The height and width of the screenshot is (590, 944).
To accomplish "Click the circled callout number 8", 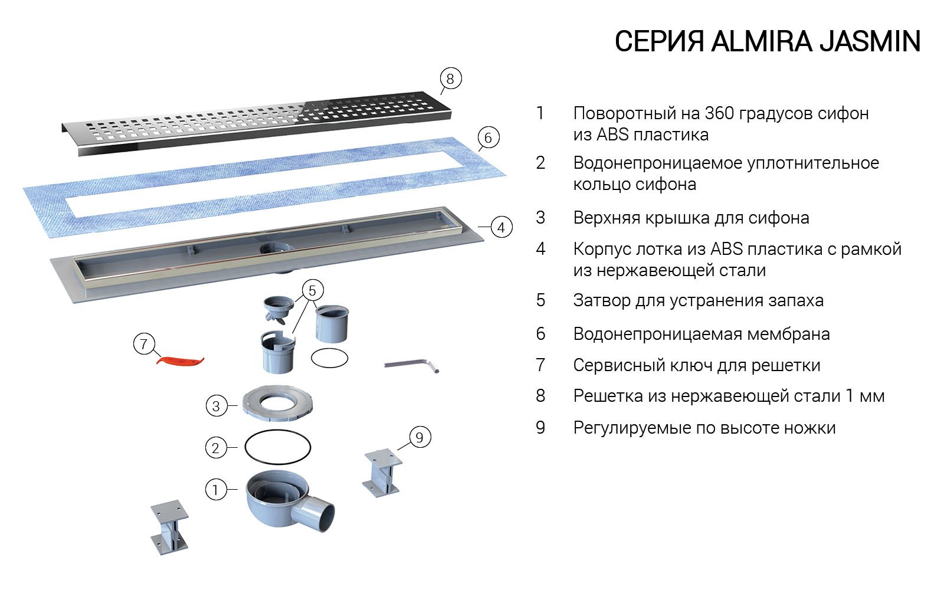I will tap(450, 78).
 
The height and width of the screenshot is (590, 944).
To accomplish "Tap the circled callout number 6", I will tap(487, 138).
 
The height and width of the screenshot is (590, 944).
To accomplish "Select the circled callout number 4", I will tap(501, 227).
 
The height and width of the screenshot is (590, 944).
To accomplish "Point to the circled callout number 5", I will tap(313, 290).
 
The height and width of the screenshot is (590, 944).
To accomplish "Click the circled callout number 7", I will tap(144, 343).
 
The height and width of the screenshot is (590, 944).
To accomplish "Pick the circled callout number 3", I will tap(216, 406).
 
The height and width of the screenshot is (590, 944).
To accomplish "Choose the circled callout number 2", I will tap(215, 448).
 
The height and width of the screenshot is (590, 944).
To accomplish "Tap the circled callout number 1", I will tap(215, 489).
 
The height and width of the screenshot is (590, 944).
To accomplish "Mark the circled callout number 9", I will tap(419, 437).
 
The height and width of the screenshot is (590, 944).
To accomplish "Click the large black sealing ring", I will tap(277, 447).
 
